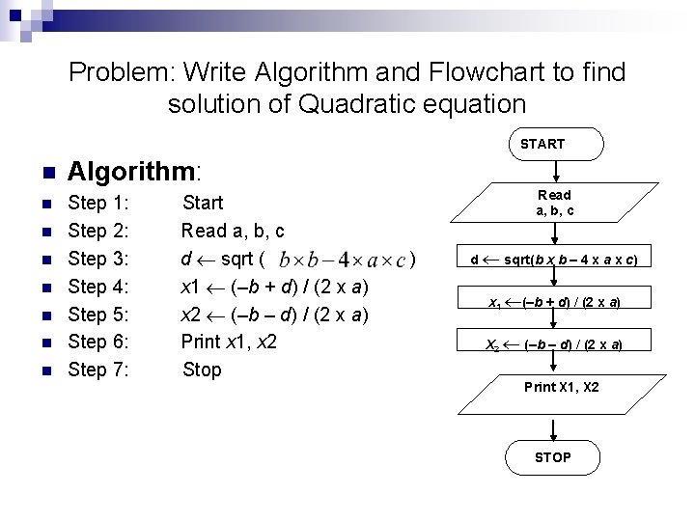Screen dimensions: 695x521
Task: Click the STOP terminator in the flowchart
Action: (552, 457)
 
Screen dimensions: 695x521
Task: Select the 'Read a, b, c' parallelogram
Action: (553, 203)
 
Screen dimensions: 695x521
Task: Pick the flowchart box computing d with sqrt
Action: (553, 260)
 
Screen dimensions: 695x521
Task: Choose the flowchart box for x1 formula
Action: (553, 302)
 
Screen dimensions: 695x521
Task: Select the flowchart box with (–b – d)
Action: (553, 344)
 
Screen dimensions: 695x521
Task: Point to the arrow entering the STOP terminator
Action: (553, 425)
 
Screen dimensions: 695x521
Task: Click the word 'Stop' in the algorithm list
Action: (202, 370)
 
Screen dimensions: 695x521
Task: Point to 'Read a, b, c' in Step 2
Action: (233, 231)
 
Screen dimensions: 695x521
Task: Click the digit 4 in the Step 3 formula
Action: (347, 260)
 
